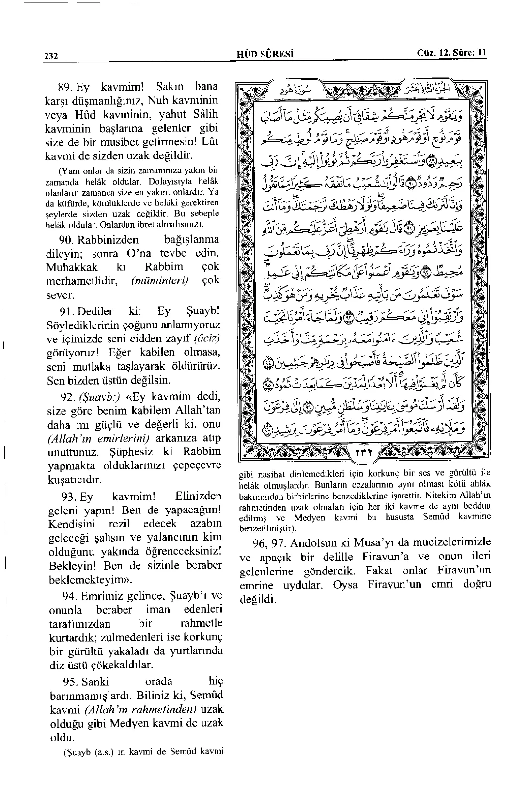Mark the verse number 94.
(x=72, y=596)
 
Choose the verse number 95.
(x=72, y=682)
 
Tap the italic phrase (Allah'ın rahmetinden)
(x=140, y=710)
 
